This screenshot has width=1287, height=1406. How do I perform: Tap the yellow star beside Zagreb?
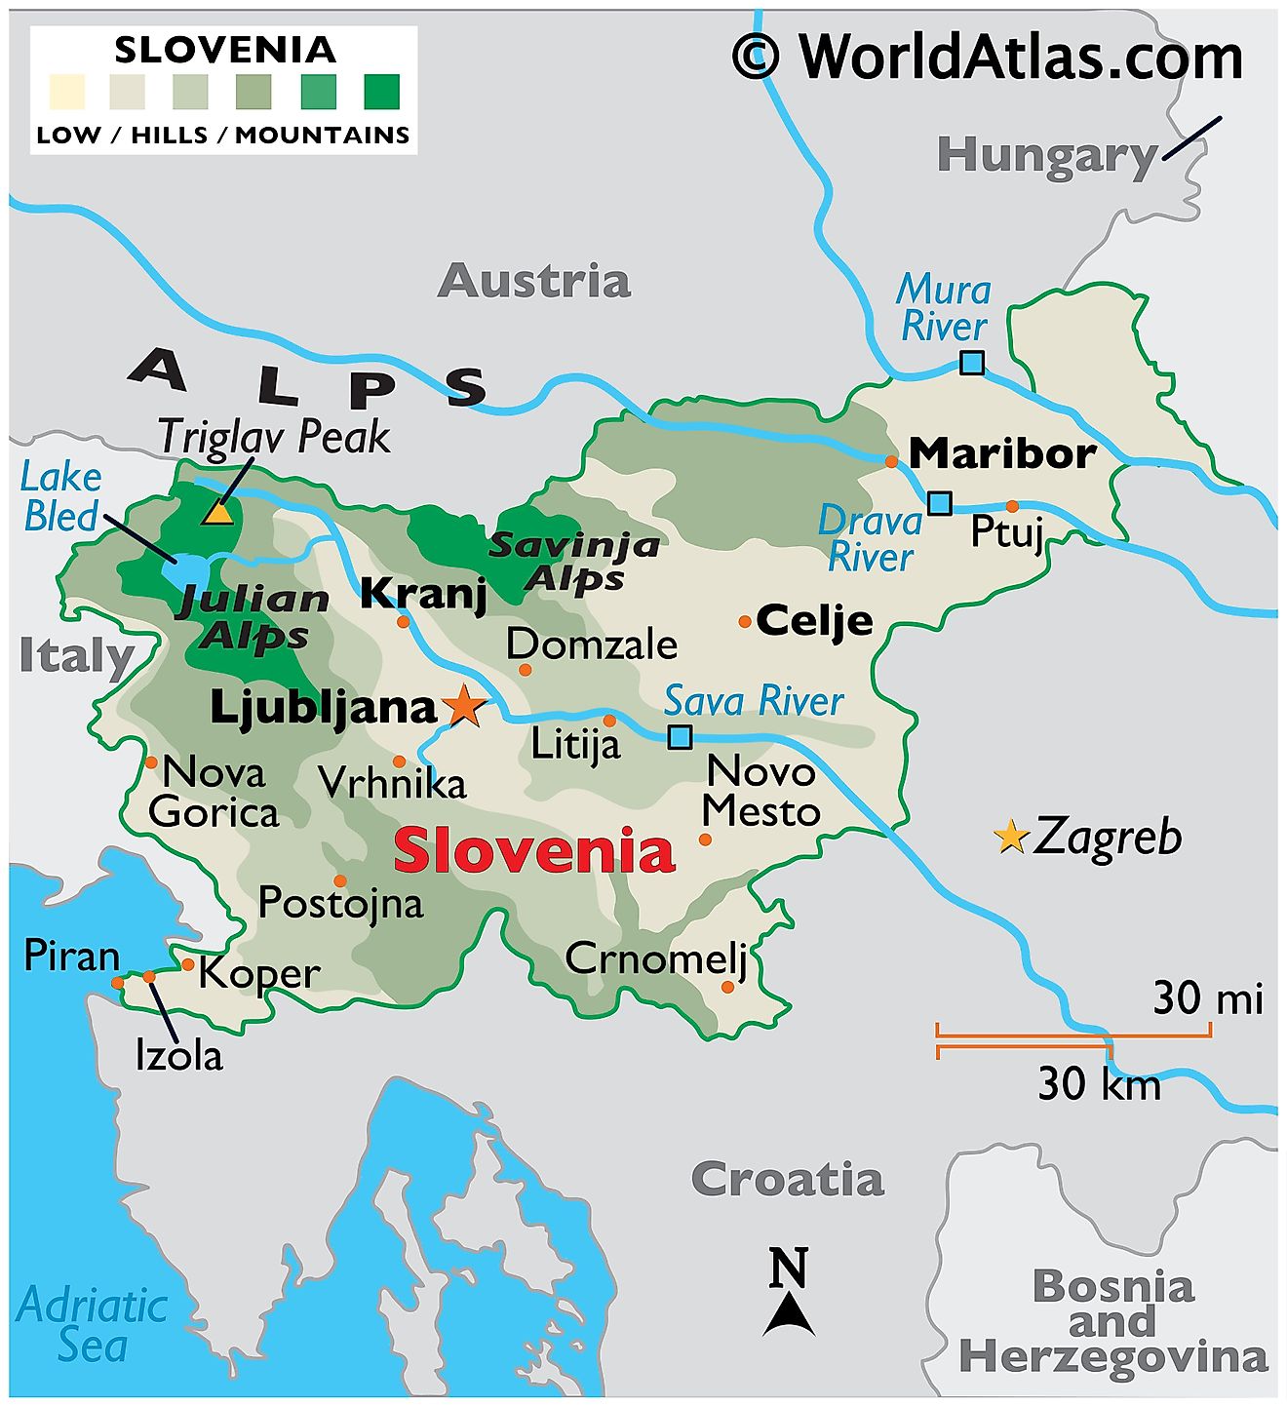click(x=1011, y=837)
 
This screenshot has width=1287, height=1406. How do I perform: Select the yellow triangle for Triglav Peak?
click(x=217, y=512)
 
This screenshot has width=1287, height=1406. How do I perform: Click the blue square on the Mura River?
click(x=971, y=363)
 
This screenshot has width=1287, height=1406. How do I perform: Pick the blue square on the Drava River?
click(x=939, y=503)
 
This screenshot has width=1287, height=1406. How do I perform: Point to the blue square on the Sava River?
click(x=680, y=736)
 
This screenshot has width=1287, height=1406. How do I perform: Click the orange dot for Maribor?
click(x=891, y=461)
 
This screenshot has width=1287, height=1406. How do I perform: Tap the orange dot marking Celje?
click(x=745, y=621)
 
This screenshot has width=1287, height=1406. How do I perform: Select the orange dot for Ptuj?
click(x=1012, y=506)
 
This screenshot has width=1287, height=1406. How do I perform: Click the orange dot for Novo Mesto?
click(x=705, y=840)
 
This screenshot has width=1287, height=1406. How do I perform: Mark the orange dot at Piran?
click(x=118, y=983)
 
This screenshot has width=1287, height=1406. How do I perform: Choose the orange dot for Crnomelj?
click(x=727, y=987)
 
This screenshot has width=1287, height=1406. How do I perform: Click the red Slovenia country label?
click(x=533, y=850)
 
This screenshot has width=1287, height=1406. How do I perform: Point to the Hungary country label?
click(x=1046, y=155)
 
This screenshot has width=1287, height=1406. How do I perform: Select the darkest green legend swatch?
click(x=381, y=92)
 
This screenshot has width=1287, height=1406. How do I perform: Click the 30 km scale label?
click(x=1099, y=1084)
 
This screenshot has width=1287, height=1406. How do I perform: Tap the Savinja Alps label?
click(x=574, y=562)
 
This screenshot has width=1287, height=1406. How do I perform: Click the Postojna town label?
click(x=340, y=903)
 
